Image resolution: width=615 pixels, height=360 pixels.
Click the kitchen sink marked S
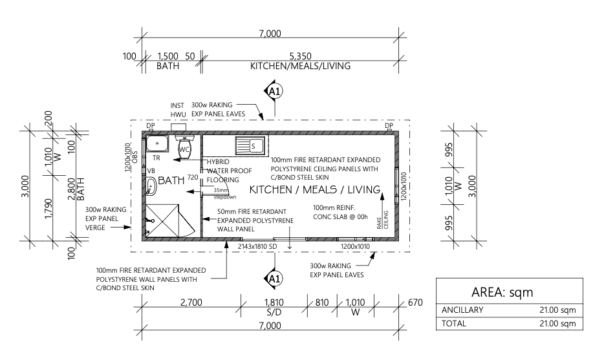[251, 146]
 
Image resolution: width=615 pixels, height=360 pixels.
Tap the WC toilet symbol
[184, 147]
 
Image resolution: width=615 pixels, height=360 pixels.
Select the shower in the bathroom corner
[169, 220]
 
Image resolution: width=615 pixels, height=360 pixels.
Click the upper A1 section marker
[274, 91]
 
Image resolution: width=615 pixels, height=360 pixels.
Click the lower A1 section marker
[274, 279]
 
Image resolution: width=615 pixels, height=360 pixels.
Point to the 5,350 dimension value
[301, 56]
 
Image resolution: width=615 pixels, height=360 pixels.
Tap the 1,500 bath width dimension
[168, 56]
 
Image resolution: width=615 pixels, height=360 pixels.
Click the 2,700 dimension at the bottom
[191, 302]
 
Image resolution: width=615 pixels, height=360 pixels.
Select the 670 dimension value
[415, 302]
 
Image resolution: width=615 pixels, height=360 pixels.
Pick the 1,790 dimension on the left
[49, 209]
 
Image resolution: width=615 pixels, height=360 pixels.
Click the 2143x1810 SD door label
[257, 247]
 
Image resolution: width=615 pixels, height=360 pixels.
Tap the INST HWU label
[178, 110]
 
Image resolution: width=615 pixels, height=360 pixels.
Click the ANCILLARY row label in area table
[462, 310]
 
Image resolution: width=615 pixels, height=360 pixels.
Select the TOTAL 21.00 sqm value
[557, 324]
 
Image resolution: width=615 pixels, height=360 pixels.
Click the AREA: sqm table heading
[502, 292]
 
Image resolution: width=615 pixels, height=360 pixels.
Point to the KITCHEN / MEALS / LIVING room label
[315, 190]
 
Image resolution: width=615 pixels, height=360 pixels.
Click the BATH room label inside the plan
[171, 180]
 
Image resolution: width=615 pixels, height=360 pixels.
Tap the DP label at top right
[389, 125]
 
